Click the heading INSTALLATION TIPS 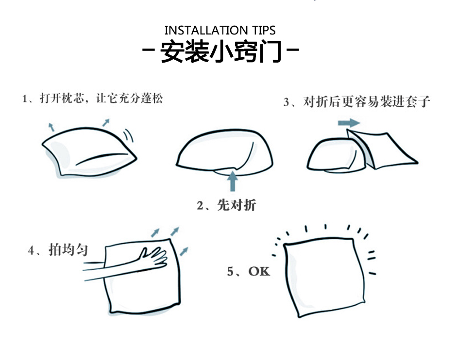(220, 30)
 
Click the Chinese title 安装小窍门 (221, 51)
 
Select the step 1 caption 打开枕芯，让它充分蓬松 (101, 98)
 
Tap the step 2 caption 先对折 (236, 205)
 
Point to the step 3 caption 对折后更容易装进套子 (367, 101)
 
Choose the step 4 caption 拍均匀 (68, 249)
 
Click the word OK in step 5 (259, 271)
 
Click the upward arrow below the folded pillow (232, 181)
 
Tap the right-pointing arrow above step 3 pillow (349, 123)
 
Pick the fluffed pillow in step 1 (89, 152)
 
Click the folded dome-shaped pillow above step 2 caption (224, 152)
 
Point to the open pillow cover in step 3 (381, 149)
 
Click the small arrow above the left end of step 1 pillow (51, 127)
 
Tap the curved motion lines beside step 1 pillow (128, 135)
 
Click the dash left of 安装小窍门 (148, 50)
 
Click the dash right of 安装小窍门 (293, 49)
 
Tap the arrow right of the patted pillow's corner (184, 252)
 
